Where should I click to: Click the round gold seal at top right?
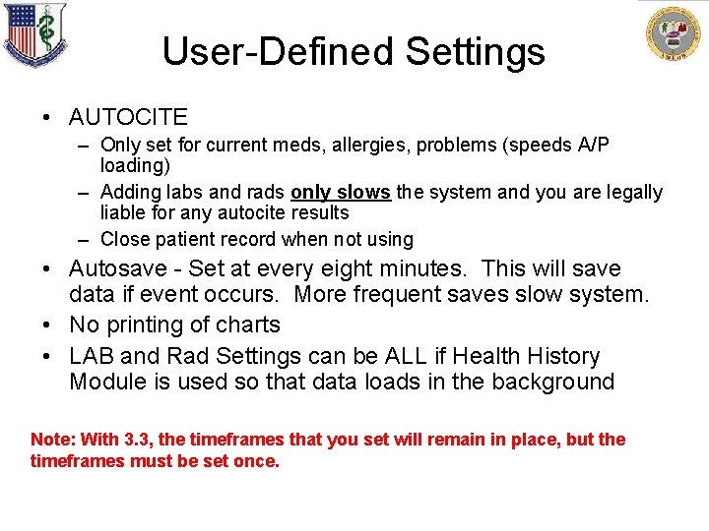coord(675,36)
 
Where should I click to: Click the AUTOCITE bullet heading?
coord(128,117)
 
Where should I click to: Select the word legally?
coord(629,192)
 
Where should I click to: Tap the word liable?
coord(124,212)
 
